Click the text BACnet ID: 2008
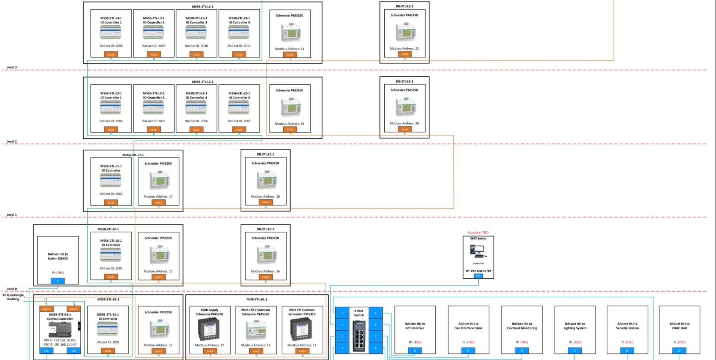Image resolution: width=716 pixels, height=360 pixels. (x=111, y=46)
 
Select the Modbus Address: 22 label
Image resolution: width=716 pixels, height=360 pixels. (x=404, y=48)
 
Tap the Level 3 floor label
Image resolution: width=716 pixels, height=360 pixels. (x=12, y=68)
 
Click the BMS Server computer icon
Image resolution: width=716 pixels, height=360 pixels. (x=478, y=251)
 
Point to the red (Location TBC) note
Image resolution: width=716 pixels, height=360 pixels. (x=478, y=232)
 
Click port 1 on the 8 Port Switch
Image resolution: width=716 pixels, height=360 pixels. (x=342, y=313)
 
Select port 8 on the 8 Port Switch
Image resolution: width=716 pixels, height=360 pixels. (x=375, y=348)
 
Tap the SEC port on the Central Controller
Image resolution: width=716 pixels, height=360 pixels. (x=47, y=351)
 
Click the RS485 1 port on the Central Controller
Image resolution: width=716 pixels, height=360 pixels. (x=46, y=309)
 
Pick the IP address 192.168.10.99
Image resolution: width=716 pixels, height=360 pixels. (x=478, y=271)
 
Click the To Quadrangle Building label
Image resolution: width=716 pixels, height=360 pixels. (x=13, y=297)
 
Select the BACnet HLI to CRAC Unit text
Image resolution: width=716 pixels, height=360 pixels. (x=679, y=326)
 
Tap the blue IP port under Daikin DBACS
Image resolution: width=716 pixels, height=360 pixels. (x=57, y=281)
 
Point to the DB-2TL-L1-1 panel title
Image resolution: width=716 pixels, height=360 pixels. (x=265, y=154)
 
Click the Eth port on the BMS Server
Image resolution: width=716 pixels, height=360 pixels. (x=478, y=276)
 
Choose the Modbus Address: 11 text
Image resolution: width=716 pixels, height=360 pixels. (x=158, y=345)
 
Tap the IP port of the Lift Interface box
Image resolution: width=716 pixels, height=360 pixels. (x=415, y=351)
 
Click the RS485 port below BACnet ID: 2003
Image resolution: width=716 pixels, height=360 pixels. (x=111, y=203)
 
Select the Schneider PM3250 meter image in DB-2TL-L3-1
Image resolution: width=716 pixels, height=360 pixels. (x=405, y=32)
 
